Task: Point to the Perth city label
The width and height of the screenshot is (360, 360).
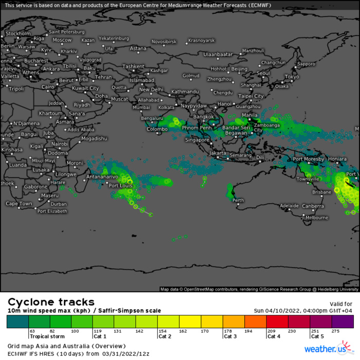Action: (239, 200)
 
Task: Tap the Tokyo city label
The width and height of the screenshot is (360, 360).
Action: (292, 77)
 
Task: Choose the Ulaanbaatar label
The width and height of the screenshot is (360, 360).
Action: (219, 53)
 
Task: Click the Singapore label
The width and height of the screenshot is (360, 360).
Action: (197, 139)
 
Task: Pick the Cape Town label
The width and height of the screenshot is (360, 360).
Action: (19, 204)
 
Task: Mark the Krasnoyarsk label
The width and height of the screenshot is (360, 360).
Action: (201, 40)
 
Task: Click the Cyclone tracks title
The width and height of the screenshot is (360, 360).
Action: (50, 302)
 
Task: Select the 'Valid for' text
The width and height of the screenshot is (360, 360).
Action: (341, 304)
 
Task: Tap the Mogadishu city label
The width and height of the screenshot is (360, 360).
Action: (94, 138)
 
